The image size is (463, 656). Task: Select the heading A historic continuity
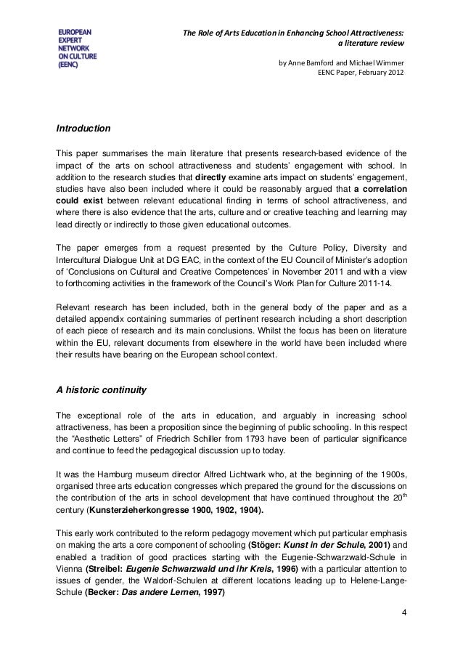click(102, 389)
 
